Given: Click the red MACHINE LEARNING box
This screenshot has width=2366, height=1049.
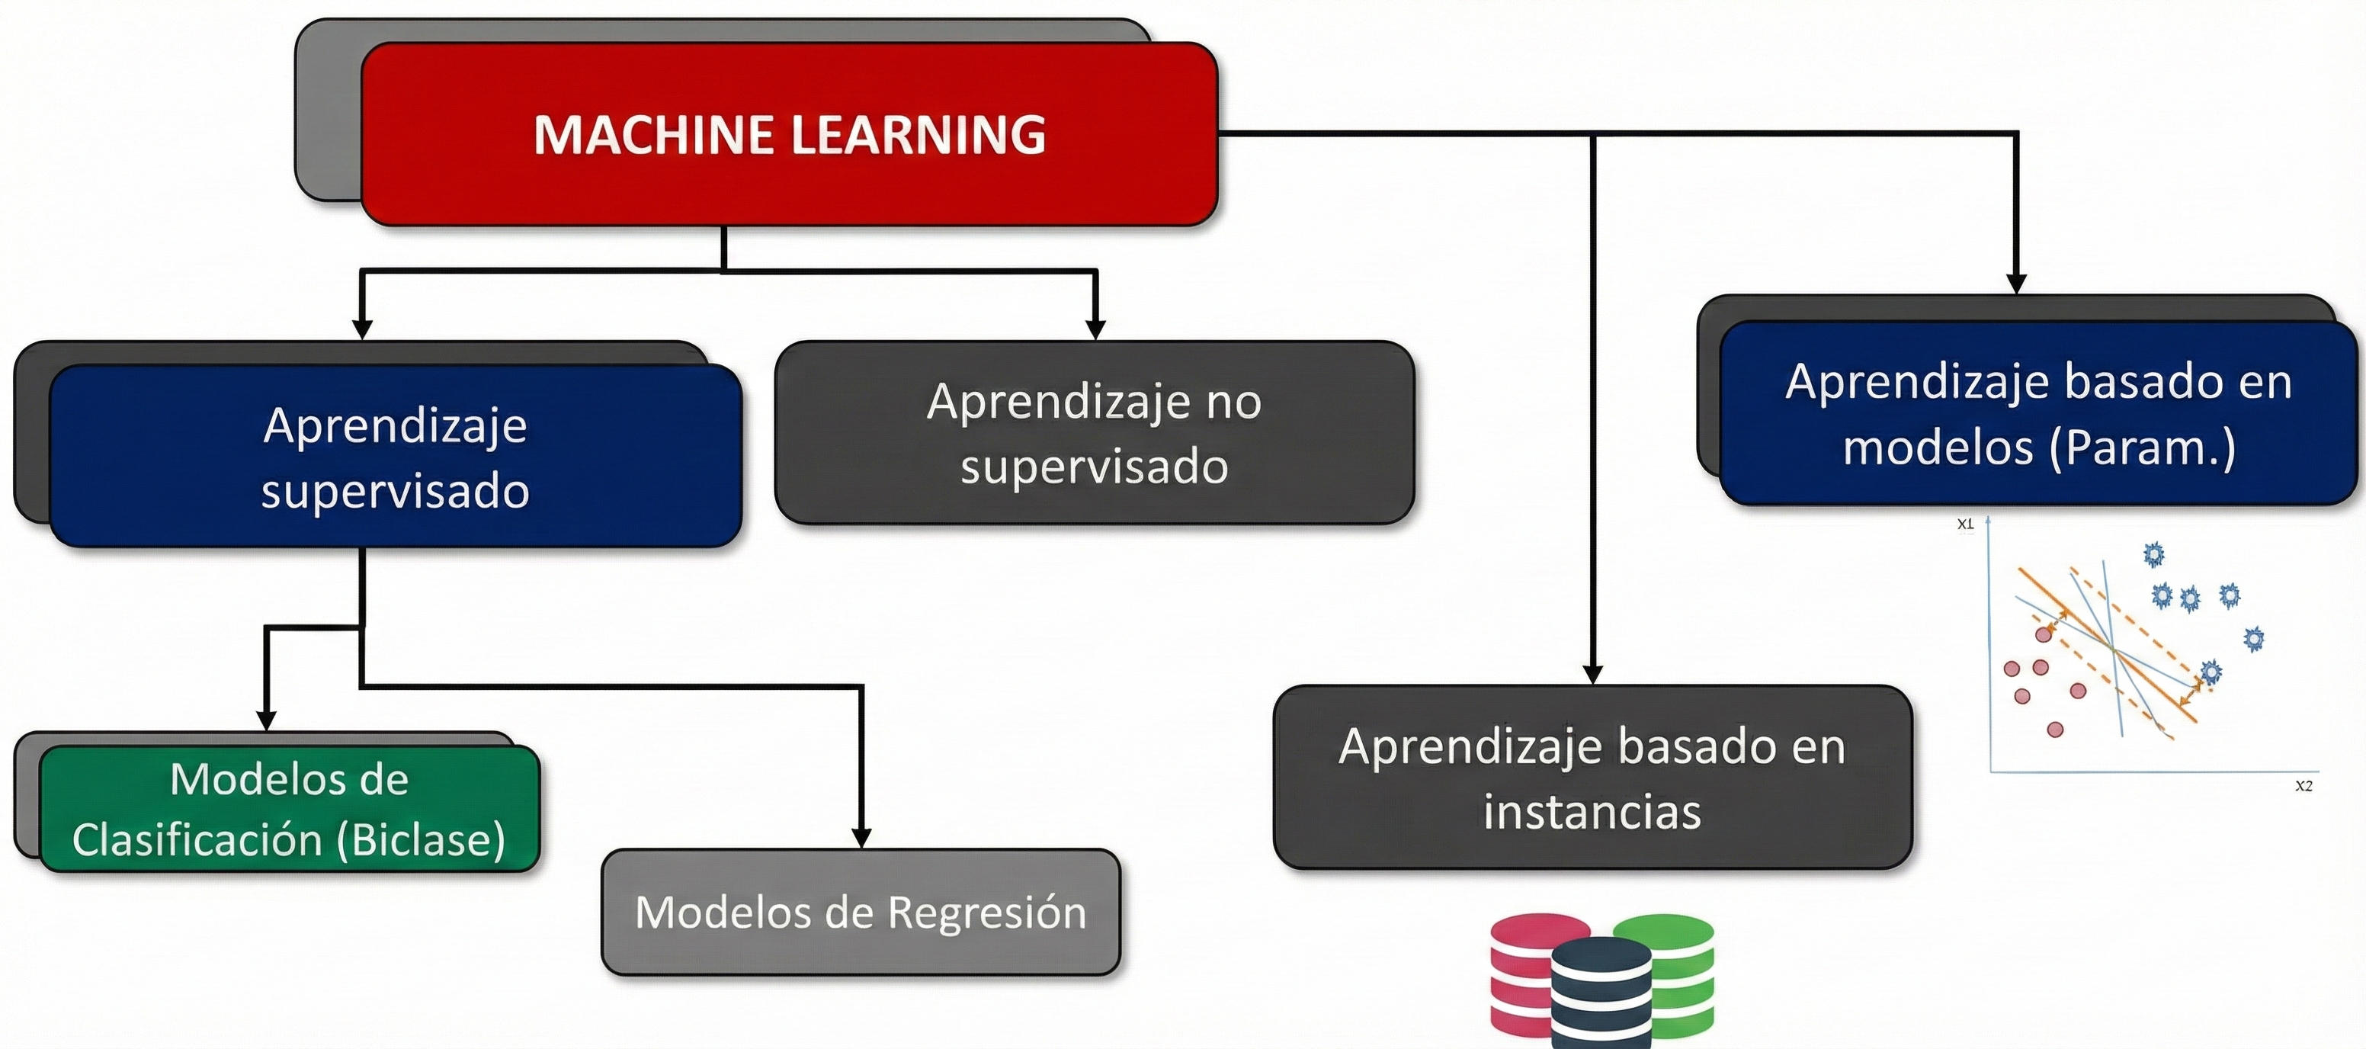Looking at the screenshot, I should pos(790,134).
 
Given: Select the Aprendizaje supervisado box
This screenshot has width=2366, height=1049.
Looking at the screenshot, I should pos(395,457).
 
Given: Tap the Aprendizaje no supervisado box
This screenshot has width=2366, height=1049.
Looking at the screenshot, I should pos(1094,433).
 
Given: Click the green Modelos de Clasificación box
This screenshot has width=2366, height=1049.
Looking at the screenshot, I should pos(290,808).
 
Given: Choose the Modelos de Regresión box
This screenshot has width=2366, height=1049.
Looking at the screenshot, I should pos(861,912).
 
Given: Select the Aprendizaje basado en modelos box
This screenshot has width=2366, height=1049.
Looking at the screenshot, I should pos(2038,413).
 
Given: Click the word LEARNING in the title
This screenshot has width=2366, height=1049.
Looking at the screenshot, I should pos(918,134).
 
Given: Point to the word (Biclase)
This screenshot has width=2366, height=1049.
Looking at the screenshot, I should pos(421,839).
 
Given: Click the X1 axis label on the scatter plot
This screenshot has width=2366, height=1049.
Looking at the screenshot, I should pos(1964,524).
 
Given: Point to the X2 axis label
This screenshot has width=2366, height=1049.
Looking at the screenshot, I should pos(2303,785).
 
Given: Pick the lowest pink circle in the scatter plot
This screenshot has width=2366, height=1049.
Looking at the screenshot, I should pos(2056,730).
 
